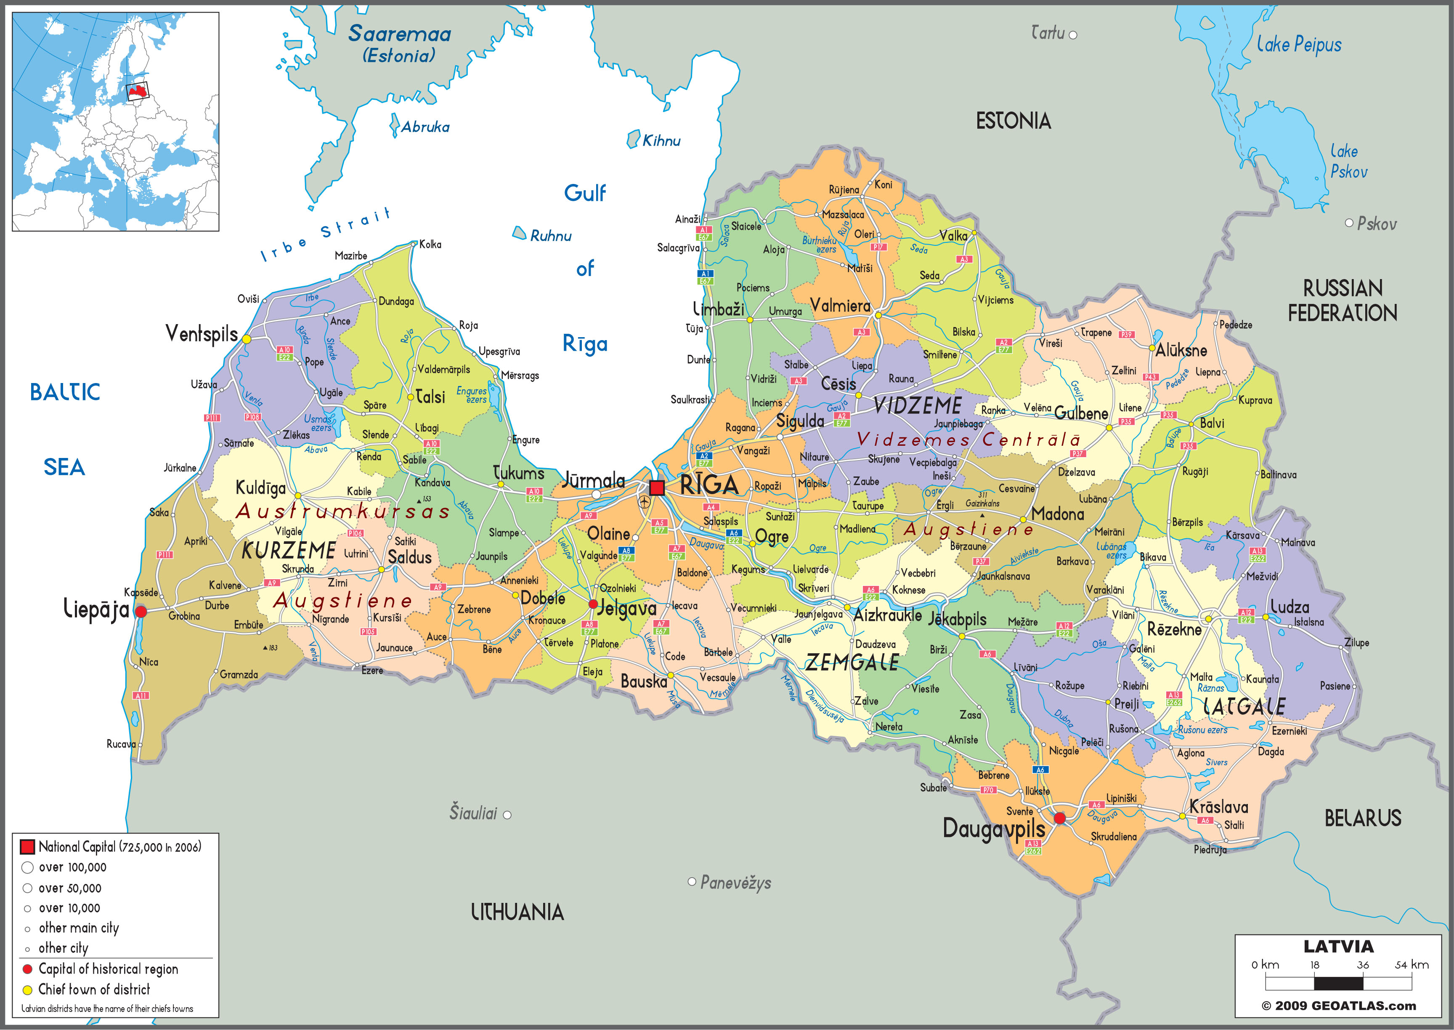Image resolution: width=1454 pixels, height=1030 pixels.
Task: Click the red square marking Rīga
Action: [657, 488]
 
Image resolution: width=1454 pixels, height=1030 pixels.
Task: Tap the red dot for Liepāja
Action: [141, 612]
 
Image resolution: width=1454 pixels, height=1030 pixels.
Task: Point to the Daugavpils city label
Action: [993, 829]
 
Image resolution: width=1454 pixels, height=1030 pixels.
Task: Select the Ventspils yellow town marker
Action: [247, 339]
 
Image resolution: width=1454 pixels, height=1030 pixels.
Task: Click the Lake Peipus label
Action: [1299, 44]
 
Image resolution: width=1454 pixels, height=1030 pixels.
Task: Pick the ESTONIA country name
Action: [1013, 120]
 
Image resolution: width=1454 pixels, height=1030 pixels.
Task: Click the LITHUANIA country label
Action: [517, 912]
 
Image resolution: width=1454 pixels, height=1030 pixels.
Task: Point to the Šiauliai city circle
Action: [507, 815]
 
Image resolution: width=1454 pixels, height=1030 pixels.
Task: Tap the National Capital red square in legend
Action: [27, 847]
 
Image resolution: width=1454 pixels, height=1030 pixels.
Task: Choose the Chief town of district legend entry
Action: [94, 990]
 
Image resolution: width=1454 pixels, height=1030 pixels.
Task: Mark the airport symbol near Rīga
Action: [645, 502]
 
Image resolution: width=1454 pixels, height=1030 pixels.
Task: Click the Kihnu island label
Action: [661, 141]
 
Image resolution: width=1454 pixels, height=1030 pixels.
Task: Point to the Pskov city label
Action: [1377, 224]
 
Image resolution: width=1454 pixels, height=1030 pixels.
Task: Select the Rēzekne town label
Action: [1174, 629]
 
